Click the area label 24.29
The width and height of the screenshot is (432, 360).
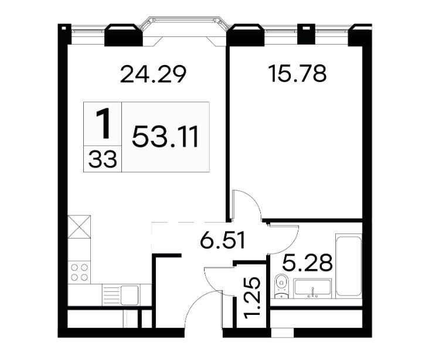(x=153, y=74)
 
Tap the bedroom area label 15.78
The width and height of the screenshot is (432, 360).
(x=298, y=73)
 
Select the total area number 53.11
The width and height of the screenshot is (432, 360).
(x=165, y=137)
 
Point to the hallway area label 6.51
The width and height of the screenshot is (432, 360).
(x=223, y=240)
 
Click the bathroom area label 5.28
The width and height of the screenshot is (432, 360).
(x=307, y=263)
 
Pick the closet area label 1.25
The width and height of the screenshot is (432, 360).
(x=252, y=298)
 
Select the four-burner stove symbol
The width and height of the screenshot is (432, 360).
(x=79, y=272)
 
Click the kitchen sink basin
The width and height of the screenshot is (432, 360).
(x=130, y=295)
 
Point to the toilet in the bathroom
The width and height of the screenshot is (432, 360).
(x=281, y=286)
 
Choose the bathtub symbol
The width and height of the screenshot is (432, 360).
(x=349, y=266)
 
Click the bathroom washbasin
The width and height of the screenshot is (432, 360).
(x=312, y=288)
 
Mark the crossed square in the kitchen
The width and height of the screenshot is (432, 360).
(x=79, y=226)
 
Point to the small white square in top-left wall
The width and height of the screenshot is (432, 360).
(x=63, y=28)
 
